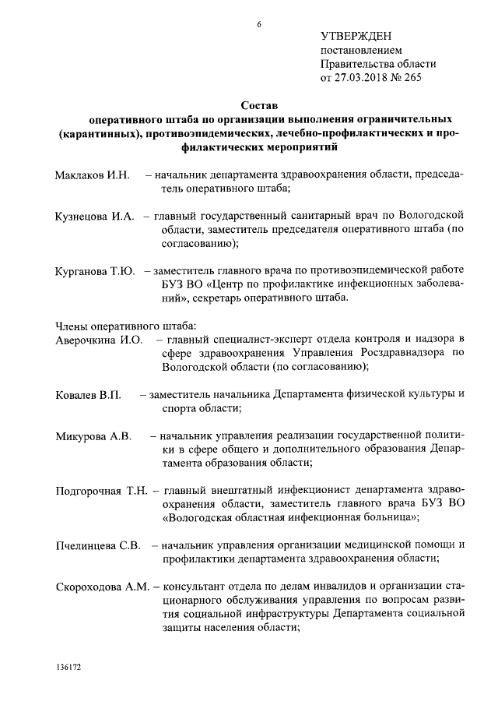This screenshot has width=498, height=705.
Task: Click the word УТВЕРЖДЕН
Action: (x=356, y=37)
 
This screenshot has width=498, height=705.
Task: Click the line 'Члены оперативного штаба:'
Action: (x=120, y=326)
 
